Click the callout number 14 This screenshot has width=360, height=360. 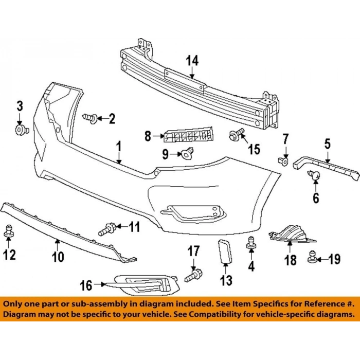pyautogui.click(x=192, y=61)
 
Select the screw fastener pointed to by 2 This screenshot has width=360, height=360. pyautogui.click(x=90, y=118)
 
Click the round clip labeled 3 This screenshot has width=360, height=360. pyautogui.click(x=22, y=130)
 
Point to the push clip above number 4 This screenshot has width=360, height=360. pyautogui.click(x=251, y=242)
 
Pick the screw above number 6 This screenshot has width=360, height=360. pyautogui.click(x=314, y=175)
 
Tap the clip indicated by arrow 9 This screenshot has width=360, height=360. pyautogui.click(x=187, y=153)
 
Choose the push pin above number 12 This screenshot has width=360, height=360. pyautogui.click(x=9, y=230)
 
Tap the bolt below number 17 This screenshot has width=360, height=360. pyautogui.click(x=193, y=276)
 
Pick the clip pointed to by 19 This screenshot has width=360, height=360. pyautogui.click(x=312, y=257)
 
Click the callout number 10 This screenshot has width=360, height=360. pyautogui.click(x=58, y=257)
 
